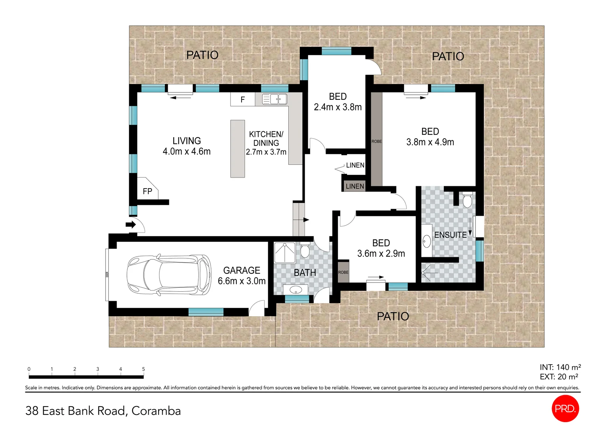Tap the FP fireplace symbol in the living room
[x=147, y=191]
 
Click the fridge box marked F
[x=243, y=99]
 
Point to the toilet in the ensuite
[x=467, y=200]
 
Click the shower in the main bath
[x=284, y=252]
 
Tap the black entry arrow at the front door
[x=130, y=225]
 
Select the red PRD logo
[x=565, y=409]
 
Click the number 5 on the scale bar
[x=144, y=369]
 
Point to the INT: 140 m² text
[x=560, y=367]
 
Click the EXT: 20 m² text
[x=559, y=377]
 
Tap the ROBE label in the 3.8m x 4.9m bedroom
[x=376, y=141]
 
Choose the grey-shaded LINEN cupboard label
[x=355, y=186]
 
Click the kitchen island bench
[x=238, y=149]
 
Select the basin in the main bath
[x=296, y=290]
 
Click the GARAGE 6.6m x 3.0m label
[x=242, y=275]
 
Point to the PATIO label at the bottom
[x=393, y=316]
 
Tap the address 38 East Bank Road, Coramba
[x=103, y=411]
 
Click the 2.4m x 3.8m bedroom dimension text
[x=338, y=107]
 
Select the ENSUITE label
[x=450, y=235]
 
